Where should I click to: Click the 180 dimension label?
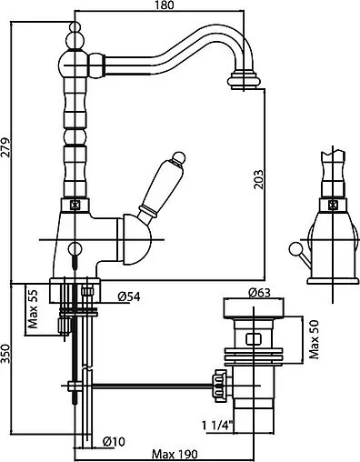tap(165, 5)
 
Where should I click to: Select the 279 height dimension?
tap(5, 147)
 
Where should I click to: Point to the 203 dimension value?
tap(258, 179)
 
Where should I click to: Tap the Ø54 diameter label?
tap(129, 296)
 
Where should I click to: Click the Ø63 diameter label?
tap(259, 293)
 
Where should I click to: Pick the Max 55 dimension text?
tap(33, 309)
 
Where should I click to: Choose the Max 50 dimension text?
tap(315, 339)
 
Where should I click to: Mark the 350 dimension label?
tap(5, 354)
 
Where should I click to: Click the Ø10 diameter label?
tap(114, 442)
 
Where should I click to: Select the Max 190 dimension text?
tap(175, 455)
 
